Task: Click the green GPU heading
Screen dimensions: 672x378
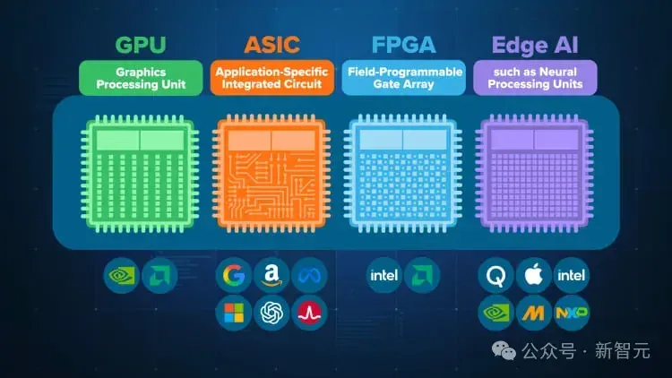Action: tap(141, 45)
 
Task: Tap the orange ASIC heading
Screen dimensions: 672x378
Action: tap(271, 45)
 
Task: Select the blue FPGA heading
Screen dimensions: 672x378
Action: tap(403, 45)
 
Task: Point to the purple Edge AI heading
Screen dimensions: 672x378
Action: tap(535, 45)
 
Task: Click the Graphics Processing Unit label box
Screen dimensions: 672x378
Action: tap(141, 78)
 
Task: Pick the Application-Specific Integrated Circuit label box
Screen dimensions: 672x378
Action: tap(272, 78)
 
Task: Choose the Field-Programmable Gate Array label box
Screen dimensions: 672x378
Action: tap(404, 78)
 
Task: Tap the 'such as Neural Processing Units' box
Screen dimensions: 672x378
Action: tap(535, 78)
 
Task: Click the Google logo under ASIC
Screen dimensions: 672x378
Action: tap(234, 275)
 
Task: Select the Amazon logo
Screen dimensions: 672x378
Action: tap(271, 275)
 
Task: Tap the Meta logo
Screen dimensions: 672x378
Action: tap(309, 275)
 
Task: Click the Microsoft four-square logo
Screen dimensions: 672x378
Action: tap(234, 313)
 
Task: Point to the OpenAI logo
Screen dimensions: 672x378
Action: tap(271, 313)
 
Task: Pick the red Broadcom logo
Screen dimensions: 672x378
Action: tap(309, 313)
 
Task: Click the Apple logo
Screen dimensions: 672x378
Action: tap(534, 275)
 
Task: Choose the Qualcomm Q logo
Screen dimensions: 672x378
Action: tap(495, 275)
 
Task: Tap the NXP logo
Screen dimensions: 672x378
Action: tap(572, 313)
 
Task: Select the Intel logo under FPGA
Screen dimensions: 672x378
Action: tap(384, 275)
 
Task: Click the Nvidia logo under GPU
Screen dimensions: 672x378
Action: tap(122, 275)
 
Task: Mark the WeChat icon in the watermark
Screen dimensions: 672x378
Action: tap(504, 350)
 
